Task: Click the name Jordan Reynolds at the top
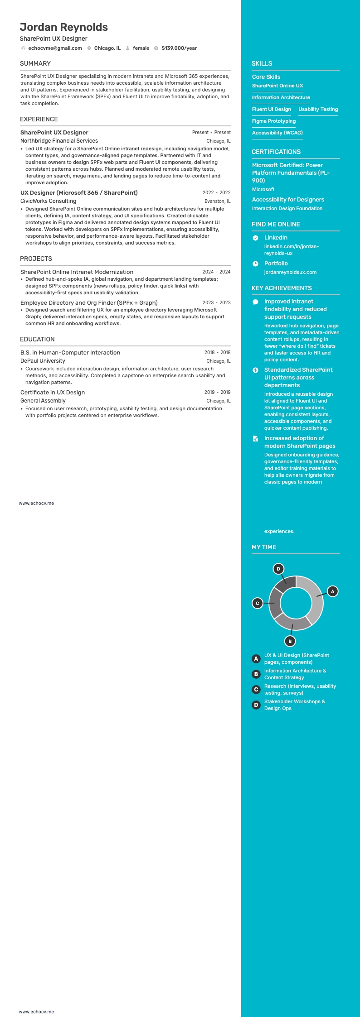pyautogui.click(x=64, y=27)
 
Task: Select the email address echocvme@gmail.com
pyautogui.click(x=55, y=48)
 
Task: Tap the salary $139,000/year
pyautogui.click(x=179, y=48)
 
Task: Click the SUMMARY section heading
pyautogui.click(x=35, y=63)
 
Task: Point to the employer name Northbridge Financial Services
pyautogui.click(x=59, y=141)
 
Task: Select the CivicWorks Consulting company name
pyautogui.click(x=48, y=201)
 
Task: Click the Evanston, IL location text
pyautogui.click(x=217, y=201)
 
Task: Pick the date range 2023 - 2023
pyautogui.click(x=216, y=302)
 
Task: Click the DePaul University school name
pyautogui.click(x=43, y=361)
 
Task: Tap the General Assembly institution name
pyautogui.click(x=43, y=401)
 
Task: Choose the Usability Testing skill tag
pyautogui.click(x=318, y=109)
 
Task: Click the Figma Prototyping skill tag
pyautogui.click(x=274, y=121)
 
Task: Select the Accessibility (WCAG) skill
pyautogui.click(x=277, y=133)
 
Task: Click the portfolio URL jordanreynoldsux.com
pyautogui.click(x=290, y=272)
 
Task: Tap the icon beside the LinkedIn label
pyautogui.click(x=256, y=238)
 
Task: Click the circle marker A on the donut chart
pyautogui.click(x=332, y=591)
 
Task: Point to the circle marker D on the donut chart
pyautogui.click(x=278, y=569)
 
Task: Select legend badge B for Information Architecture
pyautogui.click(x=256, y=674)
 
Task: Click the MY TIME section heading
pyautogui.click(x=264, y=547)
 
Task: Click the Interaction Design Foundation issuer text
pyautogui.click(x=287, y=208)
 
